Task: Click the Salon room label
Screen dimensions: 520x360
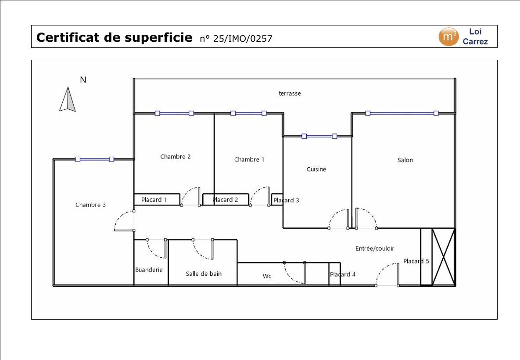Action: point(405,160)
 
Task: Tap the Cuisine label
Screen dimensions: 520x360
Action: point(316,169)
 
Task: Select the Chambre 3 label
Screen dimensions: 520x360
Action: point(90,205)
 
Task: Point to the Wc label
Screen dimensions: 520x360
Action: point(267,276)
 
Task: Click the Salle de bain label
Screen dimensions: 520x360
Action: point(204,274)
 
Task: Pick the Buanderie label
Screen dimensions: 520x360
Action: point(149,270)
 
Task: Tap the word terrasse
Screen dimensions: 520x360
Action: point(290,94)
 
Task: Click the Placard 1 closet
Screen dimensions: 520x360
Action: point(157,199)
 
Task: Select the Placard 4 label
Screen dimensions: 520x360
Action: point(343,274)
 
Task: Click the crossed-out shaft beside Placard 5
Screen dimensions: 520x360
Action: point(443,256)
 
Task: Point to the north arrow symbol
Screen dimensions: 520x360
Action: point(68,99)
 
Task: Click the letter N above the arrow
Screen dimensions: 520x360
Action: point(83,80)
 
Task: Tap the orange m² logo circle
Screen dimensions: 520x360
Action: point(448,36)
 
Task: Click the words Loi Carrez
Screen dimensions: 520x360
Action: point(475,36)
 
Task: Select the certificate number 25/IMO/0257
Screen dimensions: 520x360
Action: point(236,39)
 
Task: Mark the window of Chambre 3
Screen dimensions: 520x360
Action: point(94,159)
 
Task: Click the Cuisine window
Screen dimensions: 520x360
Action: point(319,136)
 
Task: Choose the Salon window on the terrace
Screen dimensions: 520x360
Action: point(402,113)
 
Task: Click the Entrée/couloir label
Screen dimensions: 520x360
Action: point(375,248)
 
